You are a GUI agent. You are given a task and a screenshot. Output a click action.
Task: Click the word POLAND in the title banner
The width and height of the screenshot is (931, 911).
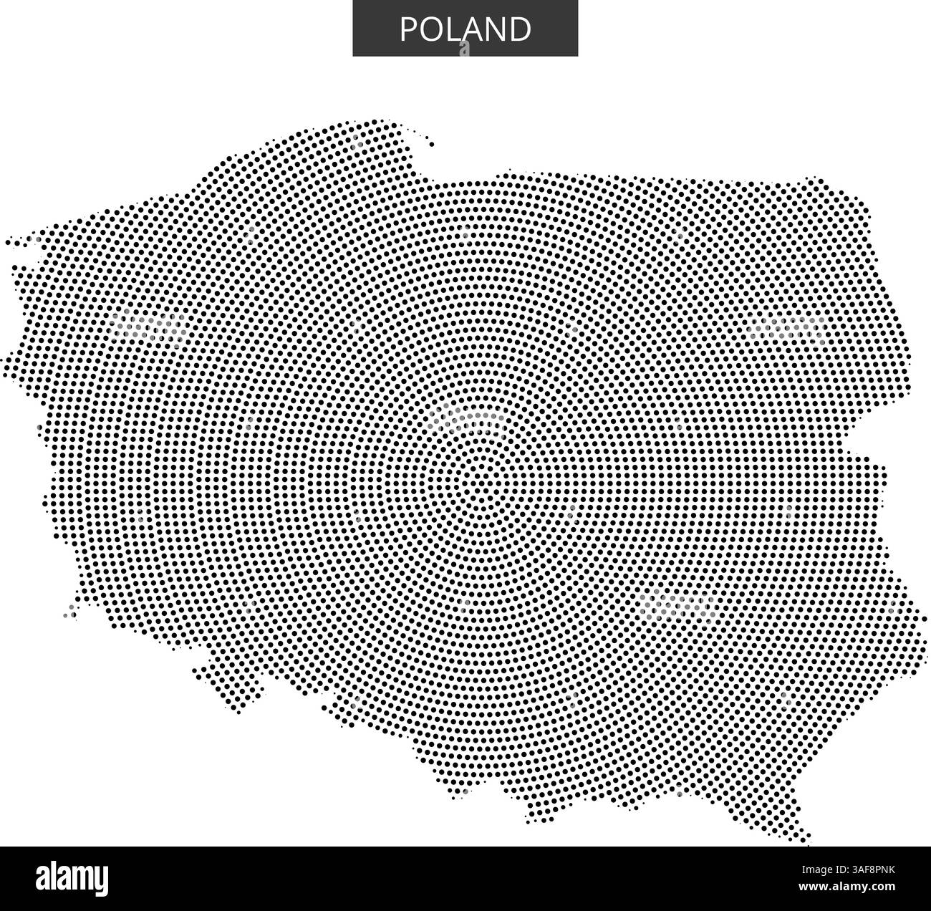(465, 29)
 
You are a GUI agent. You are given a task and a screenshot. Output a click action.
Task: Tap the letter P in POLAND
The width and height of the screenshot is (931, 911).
(407, 29)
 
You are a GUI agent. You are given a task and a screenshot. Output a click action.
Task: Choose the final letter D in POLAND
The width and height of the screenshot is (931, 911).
(520, 29)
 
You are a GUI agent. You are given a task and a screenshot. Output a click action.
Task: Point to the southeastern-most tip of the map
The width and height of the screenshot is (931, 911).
(808, 839)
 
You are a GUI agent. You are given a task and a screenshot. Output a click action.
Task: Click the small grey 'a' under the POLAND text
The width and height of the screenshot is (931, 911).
(465, 48)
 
